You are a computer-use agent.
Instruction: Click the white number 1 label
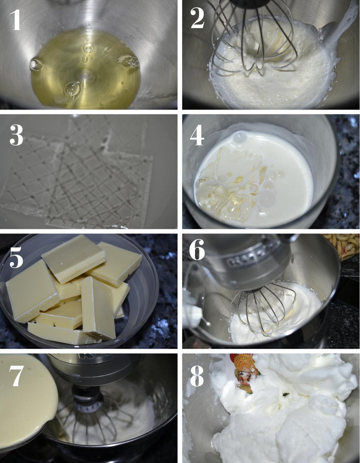tap(15, 20)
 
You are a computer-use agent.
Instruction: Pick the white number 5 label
tap(16, 257)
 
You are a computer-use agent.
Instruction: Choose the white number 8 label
tap(197, 376)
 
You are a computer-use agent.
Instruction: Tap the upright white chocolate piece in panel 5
tap(98, 307)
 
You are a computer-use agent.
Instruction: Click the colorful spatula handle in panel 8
tap(245, 372)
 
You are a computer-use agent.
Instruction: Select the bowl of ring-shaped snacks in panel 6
tap(340, 247)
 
